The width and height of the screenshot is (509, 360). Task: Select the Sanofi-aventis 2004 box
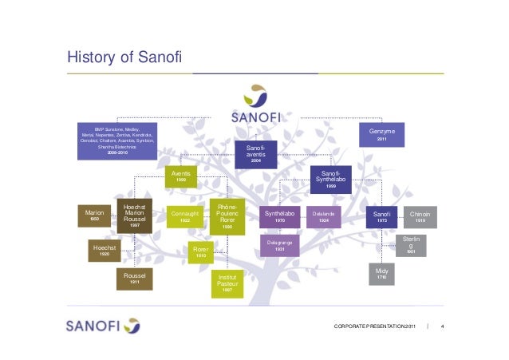(256, 154)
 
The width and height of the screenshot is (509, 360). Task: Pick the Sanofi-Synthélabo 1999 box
(330, 178)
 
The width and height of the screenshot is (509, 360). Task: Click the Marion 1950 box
(95, 216)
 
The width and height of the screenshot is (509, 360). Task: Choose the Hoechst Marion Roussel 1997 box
(135, 216)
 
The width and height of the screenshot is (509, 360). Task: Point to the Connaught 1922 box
(186, 216)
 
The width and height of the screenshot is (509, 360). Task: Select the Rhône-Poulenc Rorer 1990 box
(227, 216)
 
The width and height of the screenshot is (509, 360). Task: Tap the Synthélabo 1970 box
(280, 216)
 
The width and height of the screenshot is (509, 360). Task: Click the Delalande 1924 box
(323, 216)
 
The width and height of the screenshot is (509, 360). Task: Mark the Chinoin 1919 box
(420, 216)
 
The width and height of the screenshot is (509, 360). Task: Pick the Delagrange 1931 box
(280, 246)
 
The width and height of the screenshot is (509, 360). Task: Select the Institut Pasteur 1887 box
(227, 283)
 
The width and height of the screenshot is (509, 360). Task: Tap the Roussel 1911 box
(135, 279)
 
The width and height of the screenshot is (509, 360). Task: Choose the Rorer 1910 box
(200, 252)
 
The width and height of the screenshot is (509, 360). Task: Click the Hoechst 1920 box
(105, 251)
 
